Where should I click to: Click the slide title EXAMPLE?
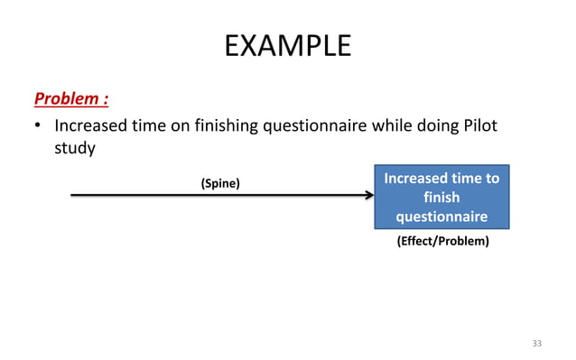287,45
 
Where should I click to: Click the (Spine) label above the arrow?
219,183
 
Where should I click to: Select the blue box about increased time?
441,197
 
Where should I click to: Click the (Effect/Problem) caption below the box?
442,241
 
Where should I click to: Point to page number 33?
537,344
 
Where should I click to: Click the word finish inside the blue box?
441,198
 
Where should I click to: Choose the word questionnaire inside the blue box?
441,217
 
